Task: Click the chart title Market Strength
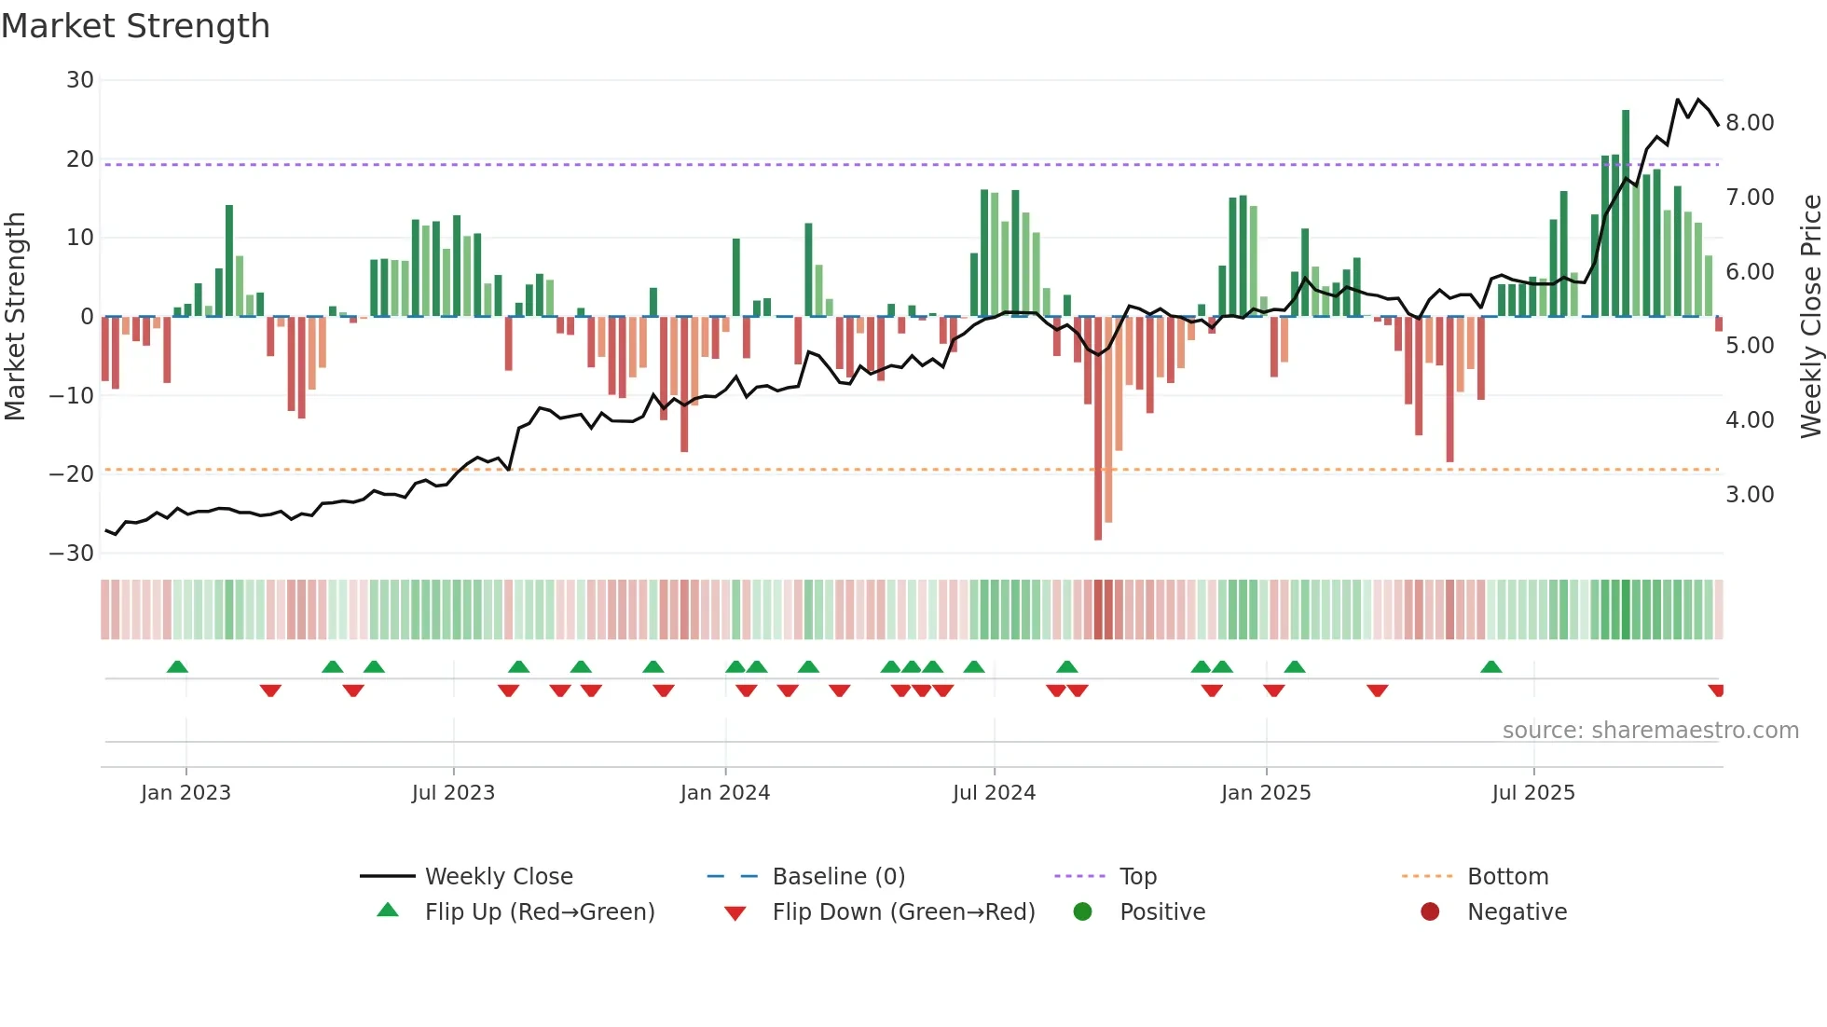tap(135, 26)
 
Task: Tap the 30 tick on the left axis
tap(80, 80)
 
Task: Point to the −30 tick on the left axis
tap(73, 554)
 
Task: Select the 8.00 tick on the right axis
tap(1750, 123)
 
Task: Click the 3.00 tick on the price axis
tap(1750, 495)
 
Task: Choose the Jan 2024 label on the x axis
tap(725, 793)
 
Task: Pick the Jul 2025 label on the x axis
tap(1533, 793)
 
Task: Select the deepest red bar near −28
tap(1098, 429)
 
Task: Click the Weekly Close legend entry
tap(499, 877)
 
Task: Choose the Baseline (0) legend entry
tap(838, 877)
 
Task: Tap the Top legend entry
tap(1137, 877)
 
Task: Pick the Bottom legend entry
tap(1507, 877)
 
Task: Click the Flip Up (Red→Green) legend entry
tap(539, 912)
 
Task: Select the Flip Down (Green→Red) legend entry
tap(903, 912)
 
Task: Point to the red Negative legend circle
tap(1430, 912)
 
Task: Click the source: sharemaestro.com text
tap(1650, 731)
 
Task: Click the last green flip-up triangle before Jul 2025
tap(1491, 667)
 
